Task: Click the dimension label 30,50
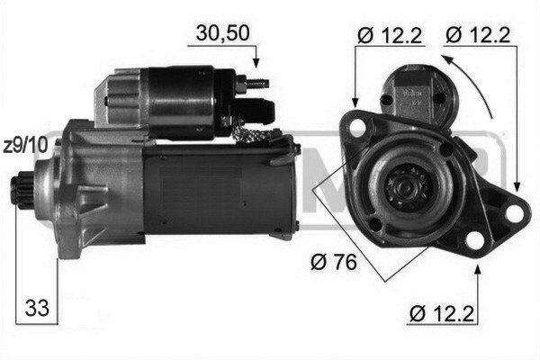point(222,33)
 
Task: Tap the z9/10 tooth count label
point(25,146)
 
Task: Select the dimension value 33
point(37,308)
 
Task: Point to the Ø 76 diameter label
point(333,262)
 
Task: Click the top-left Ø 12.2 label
point(390,35)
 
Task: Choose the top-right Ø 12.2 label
point(478,35)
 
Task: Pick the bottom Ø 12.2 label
point(442,313)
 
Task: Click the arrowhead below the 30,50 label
point(256,62)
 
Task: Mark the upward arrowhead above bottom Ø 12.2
point(477,270)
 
